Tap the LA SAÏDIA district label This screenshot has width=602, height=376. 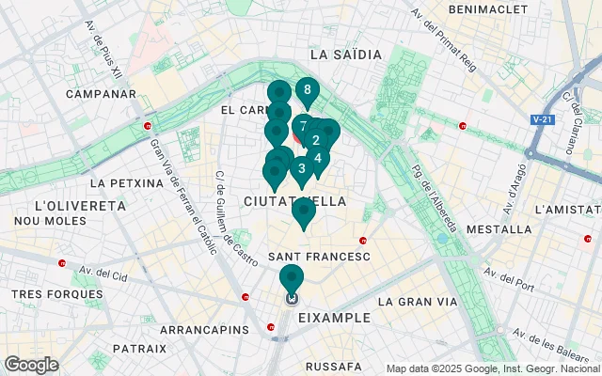(345, 55)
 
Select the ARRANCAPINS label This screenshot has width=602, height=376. (204, 331)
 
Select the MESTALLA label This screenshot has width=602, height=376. (499, 229)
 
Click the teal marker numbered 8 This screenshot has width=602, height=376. (307, 91)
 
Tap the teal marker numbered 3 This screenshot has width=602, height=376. (301, 169)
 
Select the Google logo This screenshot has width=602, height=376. (31, 365)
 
